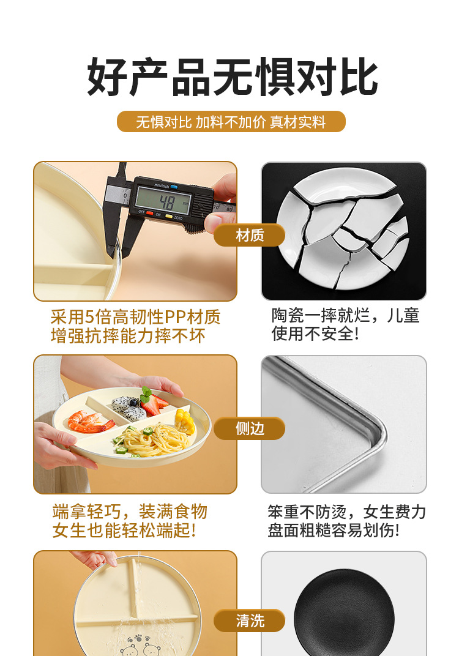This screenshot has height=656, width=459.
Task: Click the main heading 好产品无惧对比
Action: [x=232, y=77]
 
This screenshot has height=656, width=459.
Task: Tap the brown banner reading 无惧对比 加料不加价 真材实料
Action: [x=231, y=122]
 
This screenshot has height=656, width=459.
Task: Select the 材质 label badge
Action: [x=250, y=235]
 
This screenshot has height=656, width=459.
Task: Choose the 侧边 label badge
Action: [x=250, y=428]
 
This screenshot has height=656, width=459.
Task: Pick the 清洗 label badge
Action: [x=250, y=621]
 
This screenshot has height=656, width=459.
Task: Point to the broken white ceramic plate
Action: [x=343, y=229]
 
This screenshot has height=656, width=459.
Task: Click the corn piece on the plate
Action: [x=185, y=422]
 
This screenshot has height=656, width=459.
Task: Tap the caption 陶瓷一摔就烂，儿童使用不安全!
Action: [x=346, y=325]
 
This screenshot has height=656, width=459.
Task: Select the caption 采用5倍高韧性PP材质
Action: [x=136, y=317]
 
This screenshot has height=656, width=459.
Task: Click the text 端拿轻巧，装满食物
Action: [x=130, y=511]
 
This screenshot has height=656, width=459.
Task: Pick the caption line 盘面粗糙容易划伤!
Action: [x=334, y=530]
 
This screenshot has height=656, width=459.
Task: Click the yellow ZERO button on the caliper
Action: [x=169, y=216]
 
